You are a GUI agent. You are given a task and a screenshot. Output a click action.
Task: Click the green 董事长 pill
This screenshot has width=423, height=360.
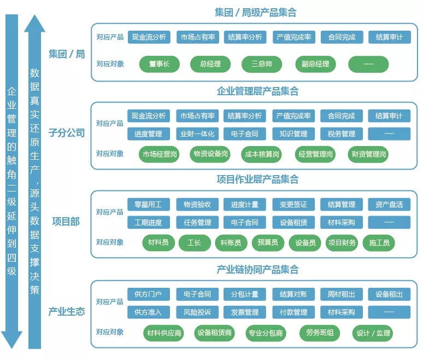coord(160,64)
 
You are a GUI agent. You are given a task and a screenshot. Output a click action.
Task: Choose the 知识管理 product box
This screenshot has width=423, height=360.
coord(293,133)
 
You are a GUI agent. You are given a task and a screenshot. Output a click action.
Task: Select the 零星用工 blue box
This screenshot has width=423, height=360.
coord(148,205)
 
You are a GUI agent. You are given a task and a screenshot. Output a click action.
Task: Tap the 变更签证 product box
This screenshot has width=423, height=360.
coord(293,205)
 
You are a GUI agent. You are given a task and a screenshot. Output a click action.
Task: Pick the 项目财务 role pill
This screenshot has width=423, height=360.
coord(342,243)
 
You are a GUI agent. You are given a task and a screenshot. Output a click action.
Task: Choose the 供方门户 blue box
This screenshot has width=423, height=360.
coord(148,294)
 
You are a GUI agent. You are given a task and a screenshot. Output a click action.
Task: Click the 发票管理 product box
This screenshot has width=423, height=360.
coord(244,312)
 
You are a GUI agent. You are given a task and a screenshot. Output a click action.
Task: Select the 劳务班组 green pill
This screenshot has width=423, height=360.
coord(319,333)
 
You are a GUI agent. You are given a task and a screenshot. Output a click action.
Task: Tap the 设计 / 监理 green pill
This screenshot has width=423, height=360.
coord(373,333)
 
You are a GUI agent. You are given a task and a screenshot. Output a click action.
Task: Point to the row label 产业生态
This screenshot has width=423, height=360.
coord(67,311)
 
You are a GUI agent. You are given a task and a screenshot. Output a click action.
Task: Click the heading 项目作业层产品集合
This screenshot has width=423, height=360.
coord(258,179)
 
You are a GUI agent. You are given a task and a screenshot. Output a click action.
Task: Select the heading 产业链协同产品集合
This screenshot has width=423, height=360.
coord(258,269)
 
